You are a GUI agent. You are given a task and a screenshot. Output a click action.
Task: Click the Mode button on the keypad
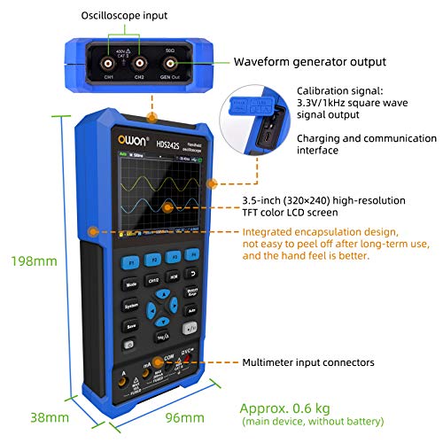pos(131,285)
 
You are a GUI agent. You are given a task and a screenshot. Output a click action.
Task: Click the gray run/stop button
pos(189,330)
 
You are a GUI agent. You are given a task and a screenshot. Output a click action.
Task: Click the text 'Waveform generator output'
pos(308,62)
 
